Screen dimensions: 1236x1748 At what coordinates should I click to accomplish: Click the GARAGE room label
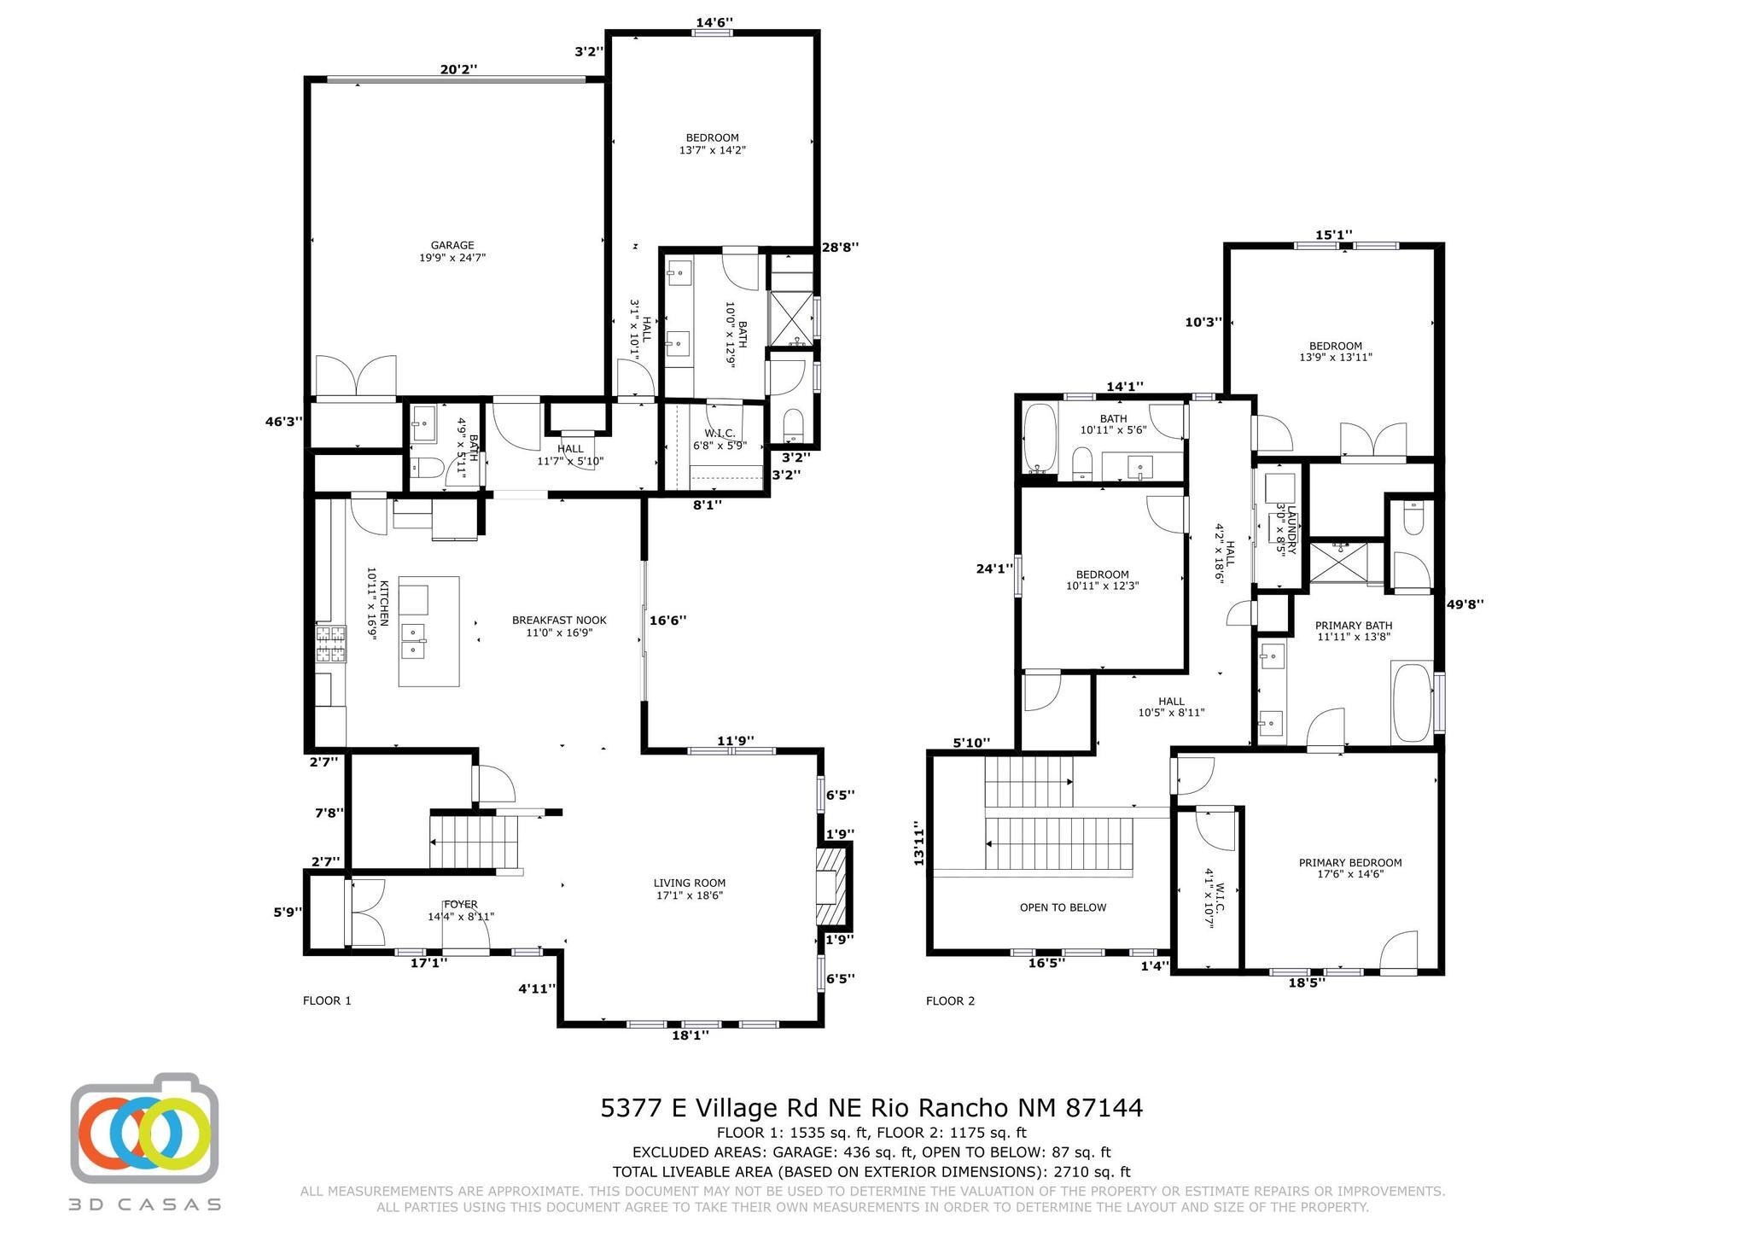click(452, 251)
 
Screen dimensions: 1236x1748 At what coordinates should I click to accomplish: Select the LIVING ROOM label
click(689, 889)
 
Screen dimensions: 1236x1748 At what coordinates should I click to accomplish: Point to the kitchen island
click(428, 631)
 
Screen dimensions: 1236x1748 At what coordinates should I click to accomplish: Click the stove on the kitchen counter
click(332, 644)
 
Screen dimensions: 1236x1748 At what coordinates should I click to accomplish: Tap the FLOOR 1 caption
click(327, 1000)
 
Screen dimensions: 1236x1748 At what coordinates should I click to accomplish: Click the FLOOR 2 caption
click(950, 1000)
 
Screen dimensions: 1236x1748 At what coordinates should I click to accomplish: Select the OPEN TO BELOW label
click(1063, 907)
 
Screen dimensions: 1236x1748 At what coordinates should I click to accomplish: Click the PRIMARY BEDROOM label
click(1349, 868)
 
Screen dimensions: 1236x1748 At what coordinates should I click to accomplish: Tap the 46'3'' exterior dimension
click(283, 421)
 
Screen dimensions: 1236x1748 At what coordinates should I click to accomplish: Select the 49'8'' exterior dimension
click(1465, 604)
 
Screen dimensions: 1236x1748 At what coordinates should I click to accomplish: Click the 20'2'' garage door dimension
click(458, 70)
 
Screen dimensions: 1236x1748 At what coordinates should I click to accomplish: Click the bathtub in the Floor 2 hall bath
click(1039, 438)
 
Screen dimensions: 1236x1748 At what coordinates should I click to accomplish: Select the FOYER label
click(460, 904)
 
